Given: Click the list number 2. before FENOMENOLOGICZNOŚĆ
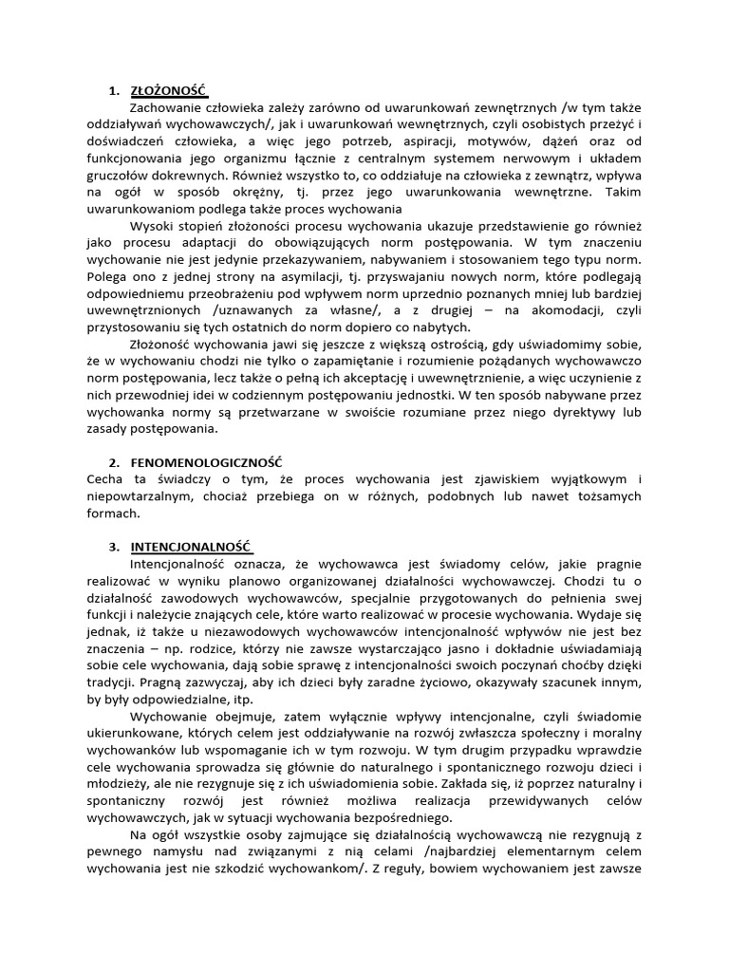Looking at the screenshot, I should (113, 461).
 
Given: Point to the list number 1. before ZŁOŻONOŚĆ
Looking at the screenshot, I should (113, 91).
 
